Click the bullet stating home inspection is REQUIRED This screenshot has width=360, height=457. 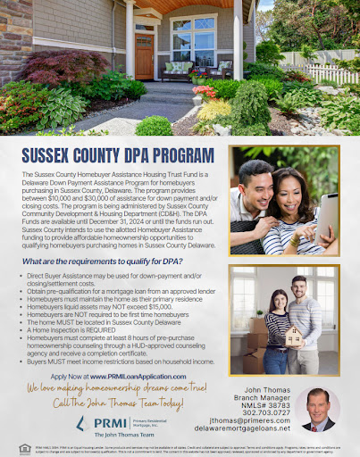[78, 328]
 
